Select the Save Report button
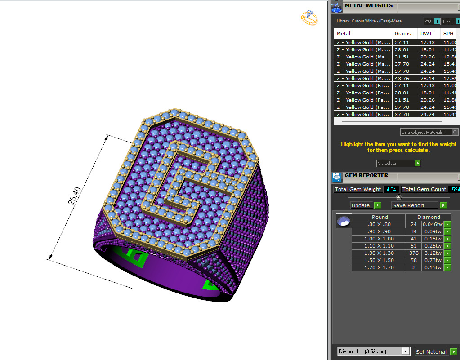[x=419, y=205]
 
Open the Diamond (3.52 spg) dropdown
[x=373, y=351]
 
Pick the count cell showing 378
[x=413, y=253]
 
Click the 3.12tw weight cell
[x=433, y=253]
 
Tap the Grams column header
[x=403, y=33]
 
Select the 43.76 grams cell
[x=403, y=78]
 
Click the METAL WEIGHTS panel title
[x=368, y=6]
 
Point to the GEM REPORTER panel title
[x=366, y=176]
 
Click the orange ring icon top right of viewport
[x=309, y=18]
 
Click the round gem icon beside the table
[x=344, y=221]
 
